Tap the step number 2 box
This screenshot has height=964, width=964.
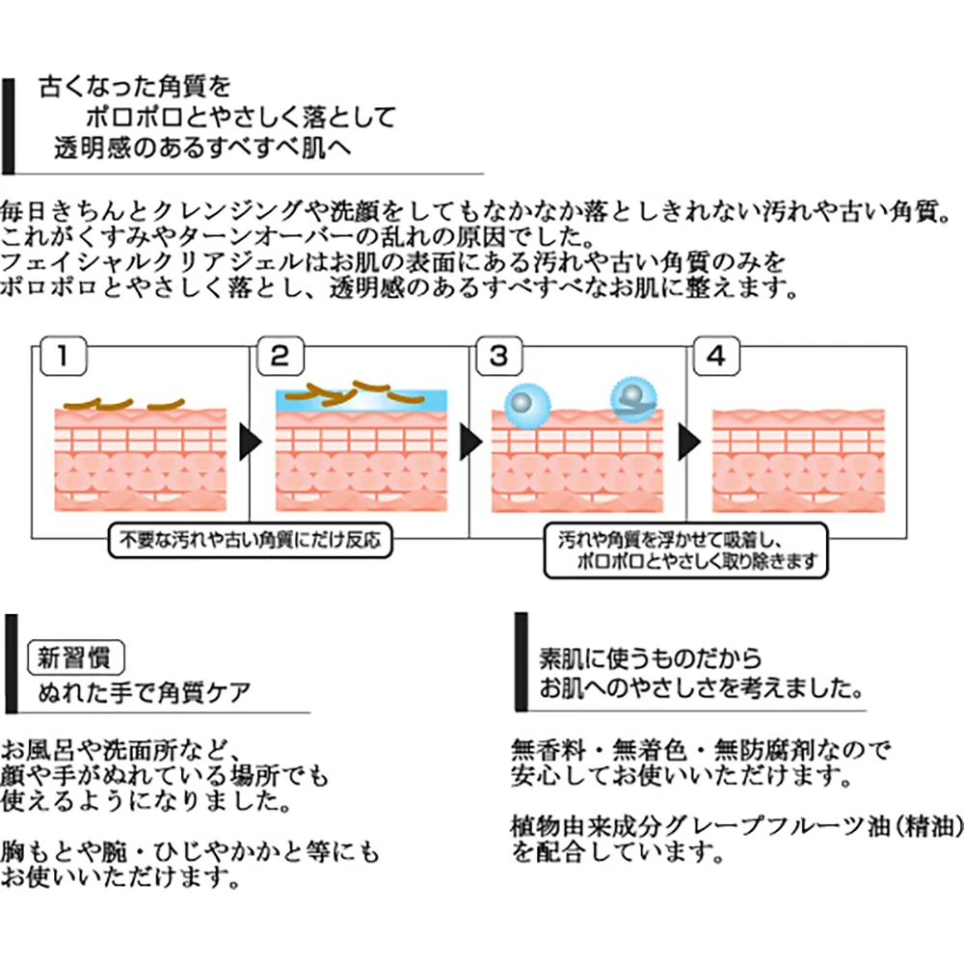click(280, 356)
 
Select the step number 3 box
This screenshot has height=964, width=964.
click(498, 356)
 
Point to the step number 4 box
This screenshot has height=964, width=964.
click(715, 356)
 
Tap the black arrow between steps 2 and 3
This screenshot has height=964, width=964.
click(470, 442)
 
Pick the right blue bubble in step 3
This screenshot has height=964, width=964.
click(630, 396)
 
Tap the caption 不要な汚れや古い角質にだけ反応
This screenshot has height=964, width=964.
click(250, 541)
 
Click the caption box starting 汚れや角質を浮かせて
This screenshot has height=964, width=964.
click(685, 549)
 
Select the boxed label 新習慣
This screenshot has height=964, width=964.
click(75, 658)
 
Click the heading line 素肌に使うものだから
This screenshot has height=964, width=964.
click(651, 659)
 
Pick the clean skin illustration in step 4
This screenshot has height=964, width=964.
click(798, 460)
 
